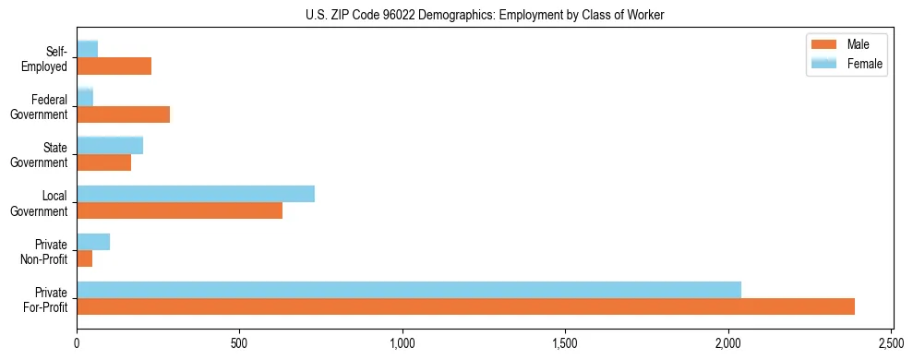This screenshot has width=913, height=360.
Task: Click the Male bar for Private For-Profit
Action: click(x=465, y=306)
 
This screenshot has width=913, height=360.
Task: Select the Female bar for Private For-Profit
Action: click(x=409, y=290)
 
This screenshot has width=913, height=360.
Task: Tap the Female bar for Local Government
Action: click(x=196, y=194)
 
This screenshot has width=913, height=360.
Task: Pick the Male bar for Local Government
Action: click(x=179, y=210)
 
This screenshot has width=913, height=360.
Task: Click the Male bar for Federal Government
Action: click(x=123, y=114)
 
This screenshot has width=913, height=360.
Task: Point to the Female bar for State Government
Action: click(x=110, y=145)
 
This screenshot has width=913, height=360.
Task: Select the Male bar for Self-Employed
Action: click(x=114, y=66)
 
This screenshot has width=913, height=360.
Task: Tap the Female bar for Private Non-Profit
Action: click(x=93, y=242)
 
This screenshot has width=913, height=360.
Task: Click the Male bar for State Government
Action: click(x=103, y=162)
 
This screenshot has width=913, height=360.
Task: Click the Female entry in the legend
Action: click(x=846, y=64)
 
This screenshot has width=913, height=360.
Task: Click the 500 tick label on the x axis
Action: click(x=239, y=343)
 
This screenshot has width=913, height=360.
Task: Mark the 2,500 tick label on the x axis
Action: click(x=891, y=343)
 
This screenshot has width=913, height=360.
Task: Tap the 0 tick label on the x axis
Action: click(x=77, y=343)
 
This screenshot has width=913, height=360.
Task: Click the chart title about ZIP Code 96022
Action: click(x=484, y=15)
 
